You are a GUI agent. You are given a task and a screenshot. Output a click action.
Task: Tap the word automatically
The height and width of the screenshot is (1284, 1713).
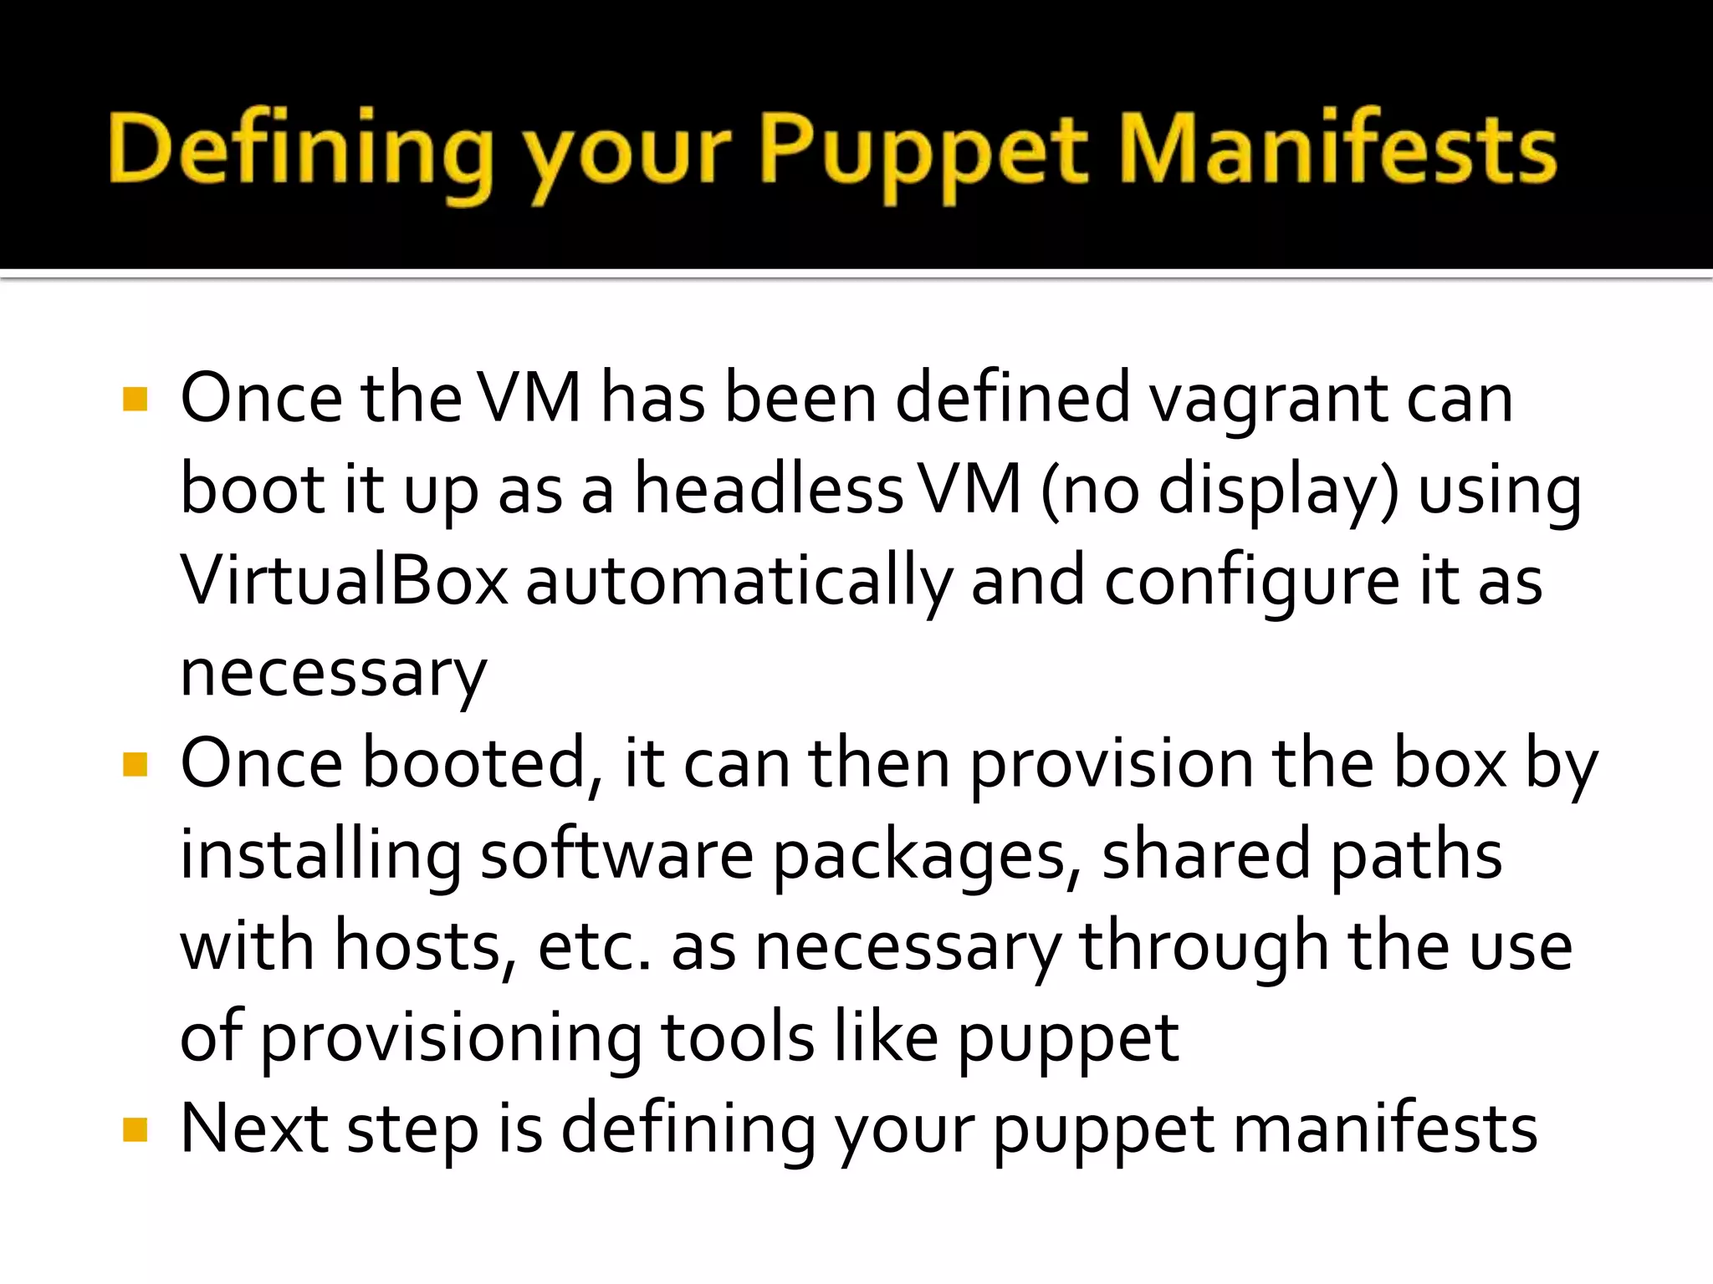[739, 583]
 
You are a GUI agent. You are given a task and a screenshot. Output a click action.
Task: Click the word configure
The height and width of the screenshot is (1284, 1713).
[1251, 583]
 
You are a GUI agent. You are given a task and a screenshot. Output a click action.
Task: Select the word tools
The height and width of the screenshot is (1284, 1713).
[738, 1038]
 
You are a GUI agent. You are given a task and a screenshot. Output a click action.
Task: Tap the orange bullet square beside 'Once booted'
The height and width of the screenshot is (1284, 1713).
[135, 764]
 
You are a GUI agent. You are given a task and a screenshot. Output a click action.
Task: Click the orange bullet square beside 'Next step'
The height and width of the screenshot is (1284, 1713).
[135, 1130]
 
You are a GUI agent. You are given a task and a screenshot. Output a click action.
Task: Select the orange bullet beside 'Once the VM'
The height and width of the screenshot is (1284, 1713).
[135, 399]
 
